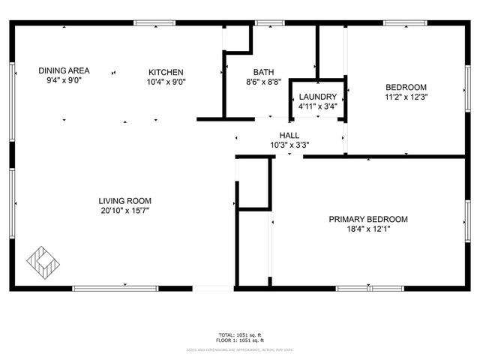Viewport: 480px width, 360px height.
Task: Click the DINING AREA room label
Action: click(64, 70)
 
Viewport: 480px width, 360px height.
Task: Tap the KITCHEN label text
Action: click(166, 72)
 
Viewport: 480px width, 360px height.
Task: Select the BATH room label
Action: click(263, 72)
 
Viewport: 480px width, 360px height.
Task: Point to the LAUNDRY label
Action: click(318, 97)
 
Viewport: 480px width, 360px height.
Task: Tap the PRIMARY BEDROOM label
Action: click(368, 219)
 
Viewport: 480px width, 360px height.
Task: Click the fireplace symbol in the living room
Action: click(43, 262)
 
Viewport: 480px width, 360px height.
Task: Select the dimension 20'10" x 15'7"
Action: click(124, 211)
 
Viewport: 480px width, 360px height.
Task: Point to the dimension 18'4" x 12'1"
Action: click(368, 229)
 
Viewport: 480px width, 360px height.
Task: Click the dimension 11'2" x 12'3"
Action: click(406, 97)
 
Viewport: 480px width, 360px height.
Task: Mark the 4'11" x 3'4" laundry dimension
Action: click(318, 106)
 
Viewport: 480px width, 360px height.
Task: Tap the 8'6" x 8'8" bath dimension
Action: click(263, 82)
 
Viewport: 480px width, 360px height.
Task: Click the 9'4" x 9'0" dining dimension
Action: click(64, 80)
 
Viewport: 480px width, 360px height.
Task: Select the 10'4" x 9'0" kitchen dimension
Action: click(166, 82)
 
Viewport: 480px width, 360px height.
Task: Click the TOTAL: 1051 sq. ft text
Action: click(240, 334)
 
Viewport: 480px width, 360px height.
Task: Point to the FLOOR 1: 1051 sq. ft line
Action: click(240, 341)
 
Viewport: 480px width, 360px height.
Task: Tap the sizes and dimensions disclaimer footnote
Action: click(240, 349)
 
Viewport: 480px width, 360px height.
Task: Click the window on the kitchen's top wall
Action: click(155, 22)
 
